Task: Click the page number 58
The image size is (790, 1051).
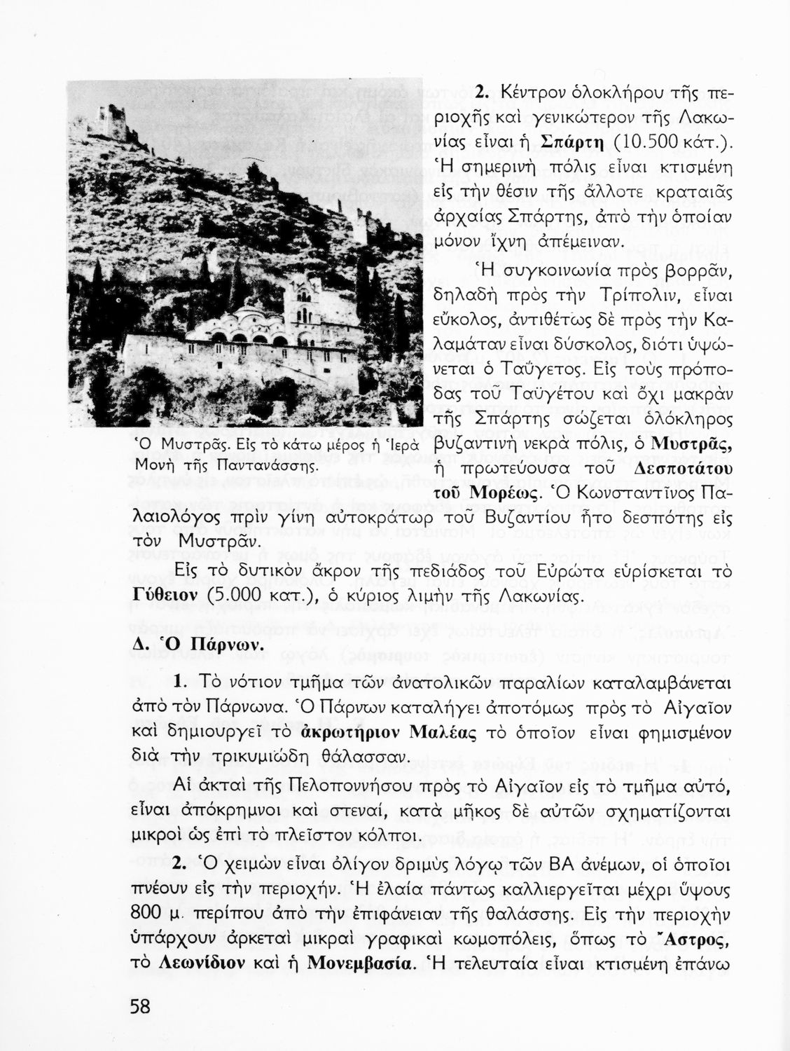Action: point(140,1007)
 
